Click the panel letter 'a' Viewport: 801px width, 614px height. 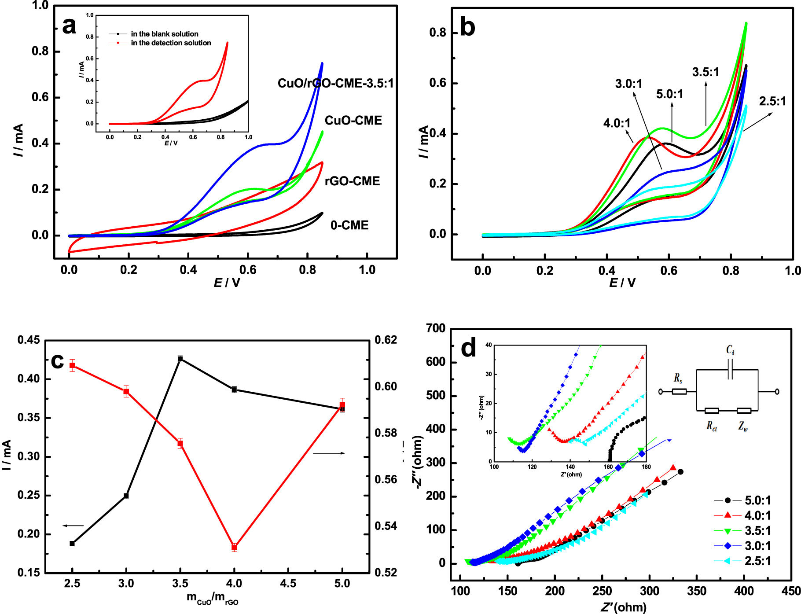coord(69,26)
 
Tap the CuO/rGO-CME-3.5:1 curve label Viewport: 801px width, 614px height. coord(335,83)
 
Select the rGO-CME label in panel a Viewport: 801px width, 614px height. coord(352,181)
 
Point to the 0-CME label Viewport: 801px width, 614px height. coord(349,225)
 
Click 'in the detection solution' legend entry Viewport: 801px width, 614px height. coord(171,43)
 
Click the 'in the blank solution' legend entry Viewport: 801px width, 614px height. coord(164,34)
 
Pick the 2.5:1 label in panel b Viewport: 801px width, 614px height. coord(772,101)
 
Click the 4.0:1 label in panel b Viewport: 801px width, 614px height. coord(617,123)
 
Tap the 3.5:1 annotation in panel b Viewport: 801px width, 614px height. coord(705,72)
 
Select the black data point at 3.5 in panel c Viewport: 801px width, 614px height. coord(180,359)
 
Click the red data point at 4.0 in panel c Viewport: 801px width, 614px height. coord(234,547)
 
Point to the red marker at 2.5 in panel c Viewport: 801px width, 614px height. coord(72,365)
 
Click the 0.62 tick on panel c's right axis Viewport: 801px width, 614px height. coord(386,340)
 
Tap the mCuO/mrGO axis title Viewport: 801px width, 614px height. coord(212,598)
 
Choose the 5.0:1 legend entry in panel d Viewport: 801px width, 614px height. coord(757,500)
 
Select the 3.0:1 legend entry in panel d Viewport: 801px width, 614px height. coord(757,546)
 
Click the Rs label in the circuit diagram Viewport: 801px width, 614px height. coord(678,378)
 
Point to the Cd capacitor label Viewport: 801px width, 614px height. coord(730,350)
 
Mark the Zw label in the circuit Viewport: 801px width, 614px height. coord(743,426)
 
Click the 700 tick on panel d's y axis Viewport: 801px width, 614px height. coord(436,328)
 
